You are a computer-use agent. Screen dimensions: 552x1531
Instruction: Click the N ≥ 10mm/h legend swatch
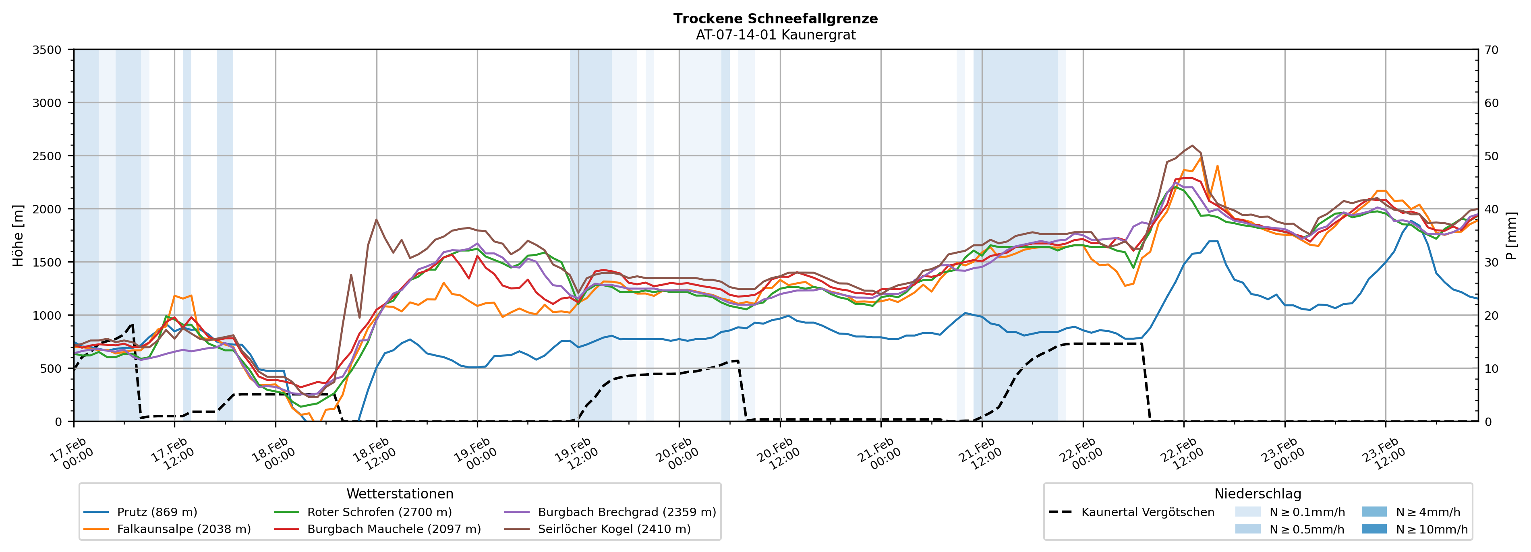point(1374,529)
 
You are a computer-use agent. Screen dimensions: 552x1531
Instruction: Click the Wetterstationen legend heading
point(400,494)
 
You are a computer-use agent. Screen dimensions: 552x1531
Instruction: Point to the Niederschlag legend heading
point(1258,494)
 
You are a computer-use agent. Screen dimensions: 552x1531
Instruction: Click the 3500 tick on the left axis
point(47,50)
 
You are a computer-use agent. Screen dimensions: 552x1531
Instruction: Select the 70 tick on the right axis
point(1491,50)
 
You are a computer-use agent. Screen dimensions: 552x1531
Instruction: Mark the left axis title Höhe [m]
point(18,235)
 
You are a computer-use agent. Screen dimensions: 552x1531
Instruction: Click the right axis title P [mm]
point(1512,235)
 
